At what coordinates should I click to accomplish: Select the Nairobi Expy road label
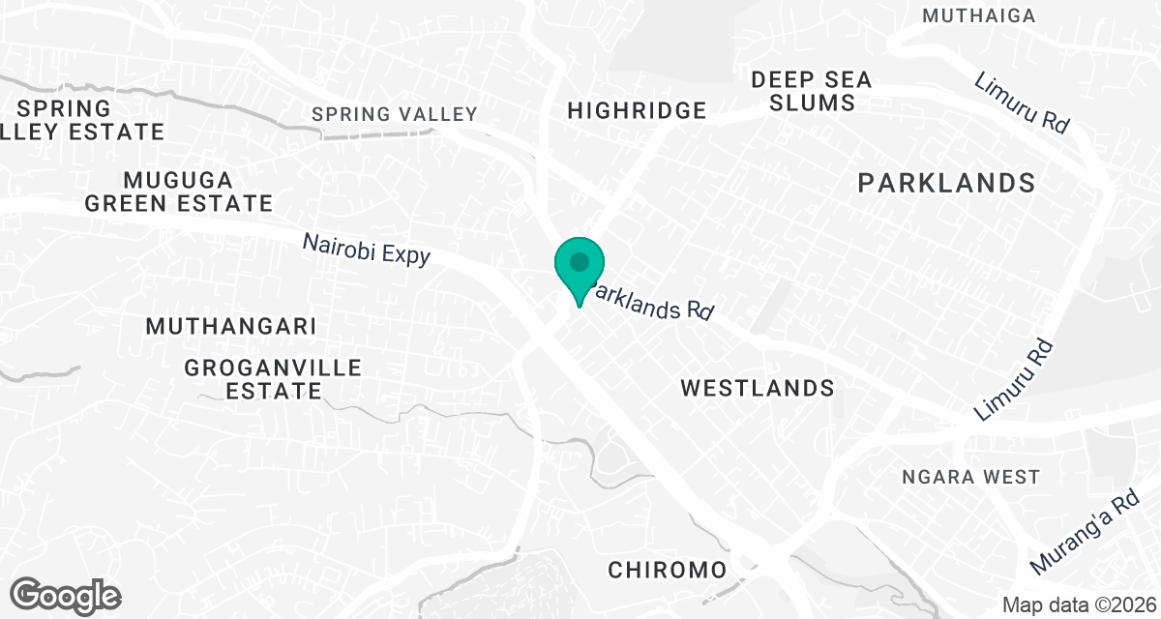pyautogui.click(x=366, y=248)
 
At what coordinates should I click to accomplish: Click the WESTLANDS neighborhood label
pyautogui.click(x=757, y=388)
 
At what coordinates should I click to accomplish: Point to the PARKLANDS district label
pyautogui.click(x=946, y=182)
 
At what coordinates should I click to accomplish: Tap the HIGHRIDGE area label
pyautogui.click(x=637, y=110)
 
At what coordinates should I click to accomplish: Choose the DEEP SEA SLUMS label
pyautogui.click(x=811, y=91)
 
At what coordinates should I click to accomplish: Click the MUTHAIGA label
pyautogui.click(x=978, y=15)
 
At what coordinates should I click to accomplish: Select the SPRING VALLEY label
pyautogui.click(x=395, y=114)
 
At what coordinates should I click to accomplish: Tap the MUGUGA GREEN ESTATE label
pyautogui.click(x=178, y=192)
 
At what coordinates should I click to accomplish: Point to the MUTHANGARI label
pyautogui.click(x=230, y=326)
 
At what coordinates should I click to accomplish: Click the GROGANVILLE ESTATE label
pyautogui.click(x=272, y=379)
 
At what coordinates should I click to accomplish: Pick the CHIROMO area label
pyautogui.click(x=667, y=570)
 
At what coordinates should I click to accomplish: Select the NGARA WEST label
pyautogui.click(x=970, y=477)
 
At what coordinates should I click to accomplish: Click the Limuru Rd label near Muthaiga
pyautogui.click(x=1023, y=103)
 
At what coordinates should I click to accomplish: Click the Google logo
pyautogui.click(x=65, y=595)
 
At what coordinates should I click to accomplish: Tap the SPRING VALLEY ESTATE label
pyautogui.click(x=82, y=119)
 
